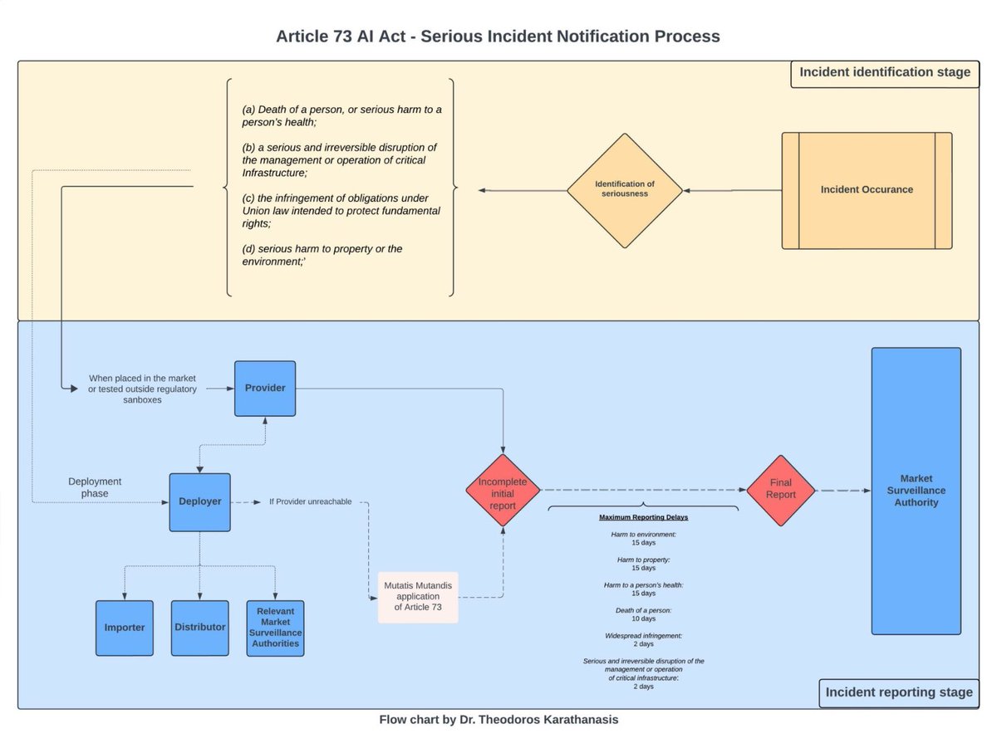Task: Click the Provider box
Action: (x=265, y=389)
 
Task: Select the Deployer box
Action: (x=200, y=501)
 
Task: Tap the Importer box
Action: (x=125, y=628)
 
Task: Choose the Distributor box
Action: (x=200, y=628)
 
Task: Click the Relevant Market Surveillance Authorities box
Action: (x=276, y=628)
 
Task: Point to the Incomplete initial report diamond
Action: (x=503, y=490)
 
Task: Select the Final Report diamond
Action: (x=781, y=490)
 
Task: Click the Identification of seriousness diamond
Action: (x=625, y=189)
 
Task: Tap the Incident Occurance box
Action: (x=867, y=190)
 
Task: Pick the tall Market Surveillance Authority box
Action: (x=916, y=491)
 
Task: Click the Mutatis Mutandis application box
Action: (x=418, y=597)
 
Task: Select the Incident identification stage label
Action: (x=885, y=72)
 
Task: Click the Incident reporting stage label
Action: (x=898, y=692)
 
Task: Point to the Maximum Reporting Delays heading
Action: (x=644, y=517)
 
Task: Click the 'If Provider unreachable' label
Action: (x=310, y=501)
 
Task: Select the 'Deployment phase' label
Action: (x=95, y=487)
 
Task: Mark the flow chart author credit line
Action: (x=498, y=720)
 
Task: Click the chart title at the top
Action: (x=498, y=37)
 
